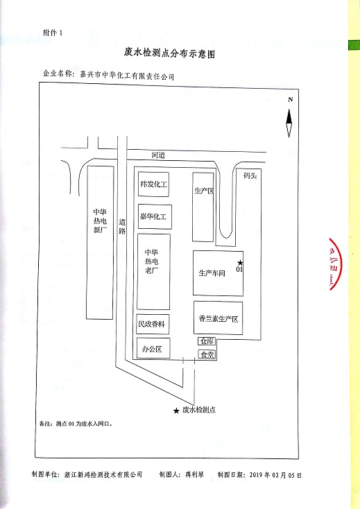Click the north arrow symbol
(x=289, y=123)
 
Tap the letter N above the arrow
(x=290, y=100)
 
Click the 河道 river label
(x=158, y=155)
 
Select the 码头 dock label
(x=250, y=175)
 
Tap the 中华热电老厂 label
(x=152, y=261)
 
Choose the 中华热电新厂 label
(x=100, y=221)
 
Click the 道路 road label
(x=121, y=226)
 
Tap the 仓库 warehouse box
(x=207, y=341)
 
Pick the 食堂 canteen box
(x=207, y=354)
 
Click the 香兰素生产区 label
(x=218, y=319)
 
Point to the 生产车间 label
(x=212, y=273)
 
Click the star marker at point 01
(x=240, y=263)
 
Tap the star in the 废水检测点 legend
(x=176, y=411)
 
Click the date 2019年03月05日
(x=275, y=474)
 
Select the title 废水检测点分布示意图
(x=169, y=53)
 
